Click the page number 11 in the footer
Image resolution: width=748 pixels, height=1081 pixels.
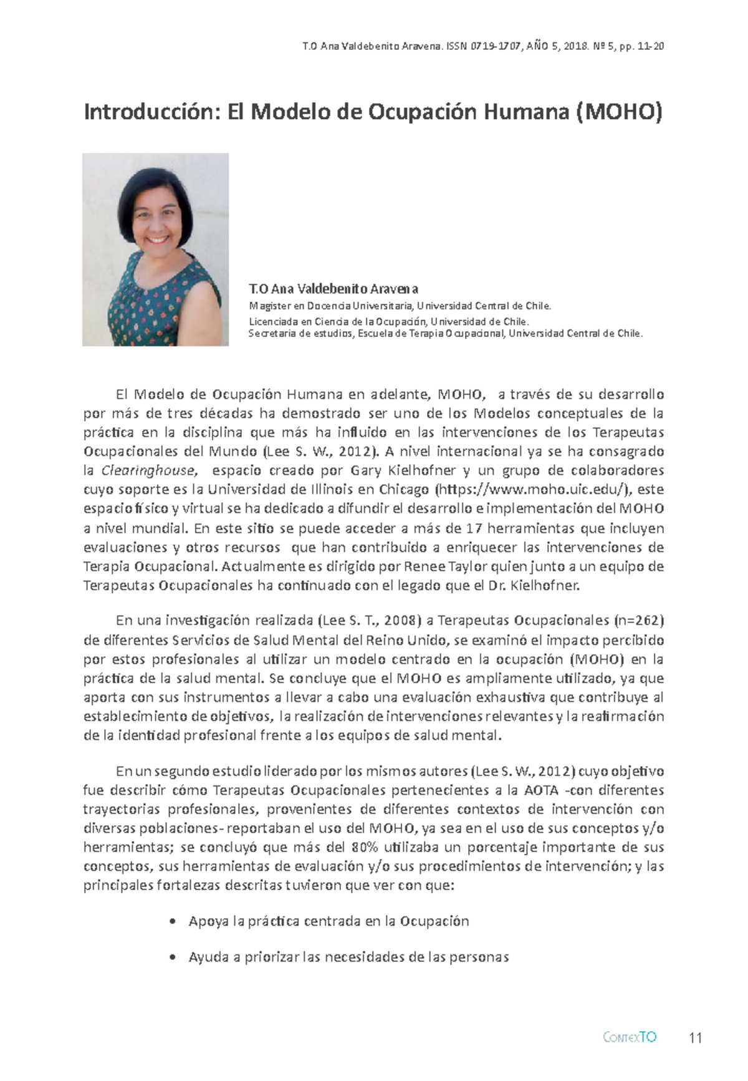click(696, 1038)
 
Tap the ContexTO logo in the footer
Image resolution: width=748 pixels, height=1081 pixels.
click(630, 1037)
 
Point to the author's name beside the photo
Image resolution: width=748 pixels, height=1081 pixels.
click(333, 289)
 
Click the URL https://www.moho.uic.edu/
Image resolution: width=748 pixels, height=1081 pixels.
click(533, 490)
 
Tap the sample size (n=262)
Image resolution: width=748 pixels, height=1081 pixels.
click(639, 621)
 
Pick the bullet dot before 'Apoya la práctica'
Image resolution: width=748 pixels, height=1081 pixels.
click(172, 922)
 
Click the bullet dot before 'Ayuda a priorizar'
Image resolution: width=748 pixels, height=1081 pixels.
click(172, 957)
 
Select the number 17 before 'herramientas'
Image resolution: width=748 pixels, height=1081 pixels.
click(474, 528)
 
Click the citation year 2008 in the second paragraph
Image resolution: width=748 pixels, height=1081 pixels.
click(400, 621)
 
